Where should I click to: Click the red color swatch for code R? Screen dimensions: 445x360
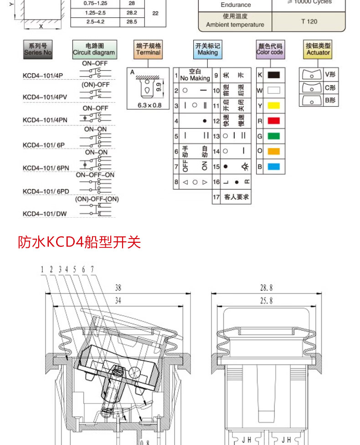[x=273, y=121]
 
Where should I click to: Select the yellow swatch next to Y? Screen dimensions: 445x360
[x=273, y=106]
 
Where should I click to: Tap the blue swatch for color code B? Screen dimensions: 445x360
[x=273, y=167]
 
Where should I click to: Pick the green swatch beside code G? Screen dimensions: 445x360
[x=273, y=136]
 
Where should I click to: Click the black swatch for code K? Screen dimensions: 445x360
[x=273, y=75]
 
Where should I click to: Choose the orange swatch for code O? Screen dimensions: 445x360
[x=273, y=151]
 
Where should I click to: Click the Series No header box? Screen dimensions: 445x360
[x=38, y=49]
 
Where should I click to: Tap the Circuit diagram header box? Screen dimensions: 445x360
[x=94, y=49]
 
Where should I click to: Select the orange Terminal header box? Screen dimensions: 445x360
[x=149, y=49]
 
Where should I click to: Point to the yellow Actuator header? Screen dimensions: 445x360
[x=318, y=49]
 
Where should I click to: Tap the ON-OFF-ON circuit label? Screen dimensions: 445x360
[x=95, y=175]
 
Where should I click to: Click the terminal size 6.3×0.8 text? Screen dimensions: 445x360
[x=149, y=105]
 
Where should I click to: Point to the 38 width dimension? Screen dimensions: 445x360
[x=118, y=287]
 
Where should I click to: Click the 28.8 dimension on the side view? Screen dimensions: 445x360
[x=267, y=287]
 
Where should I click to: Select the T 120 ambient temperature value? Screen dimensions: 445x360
[x=309, y=21]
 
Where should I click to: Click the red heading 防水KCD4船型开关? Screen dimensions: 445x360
[x=79, y=242]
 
